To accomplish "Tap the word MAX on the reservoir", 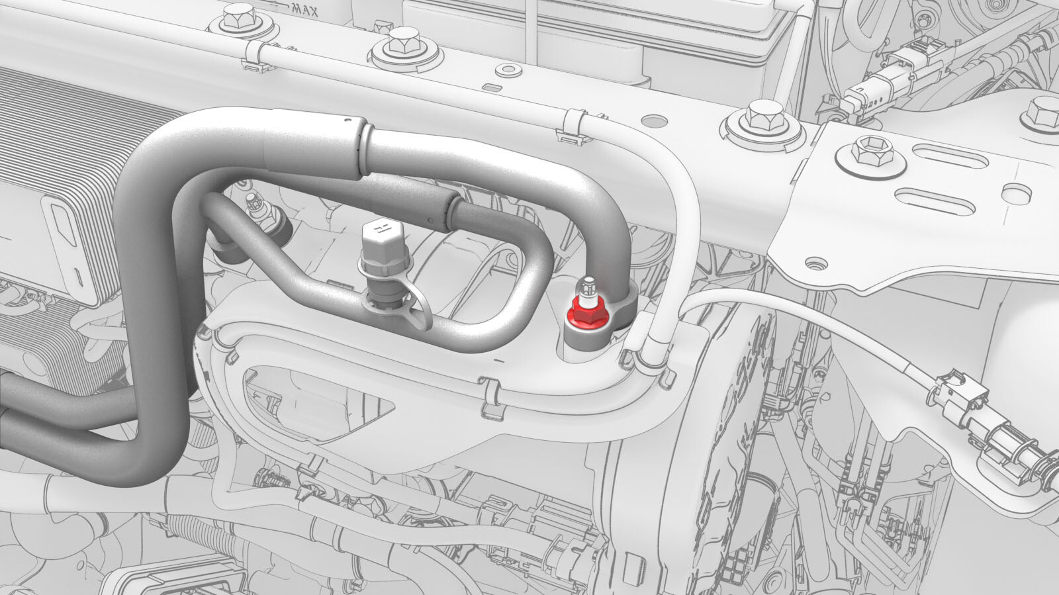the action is coord(305,9).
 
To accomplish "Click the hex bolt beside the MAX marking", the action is coord(238,19).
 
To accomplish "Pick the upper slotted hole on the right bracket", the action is coord(950,156).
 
